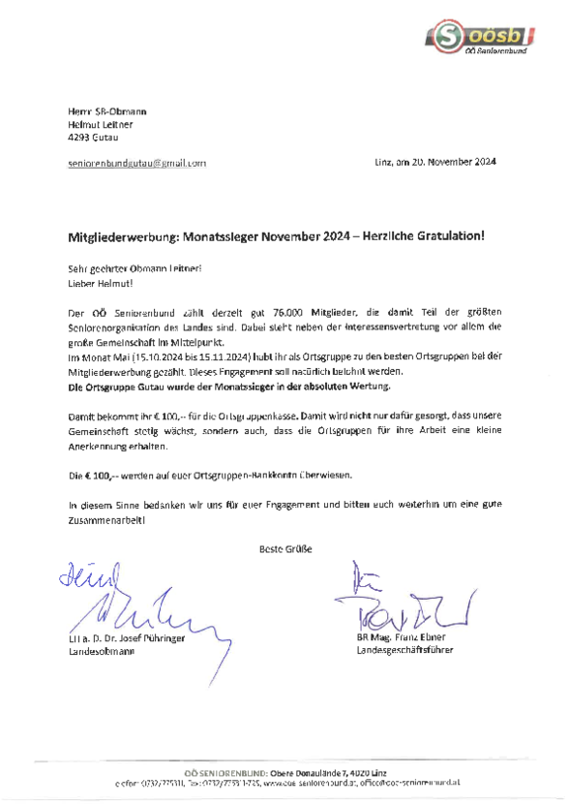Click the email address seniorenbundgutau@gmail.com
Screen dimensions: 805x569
coord(136,161)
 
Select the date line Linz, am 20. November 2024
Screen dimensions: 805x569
coord(436,161)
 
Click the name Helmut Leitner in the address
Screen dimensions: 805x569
coord(100,125)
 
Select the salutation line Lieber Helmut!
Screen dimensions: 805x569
coord(101,283)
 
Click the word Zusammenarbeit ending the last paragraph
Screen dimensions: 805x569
coord(105,518)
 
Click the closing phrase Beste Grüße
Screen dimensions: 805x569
coord(284,548)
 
